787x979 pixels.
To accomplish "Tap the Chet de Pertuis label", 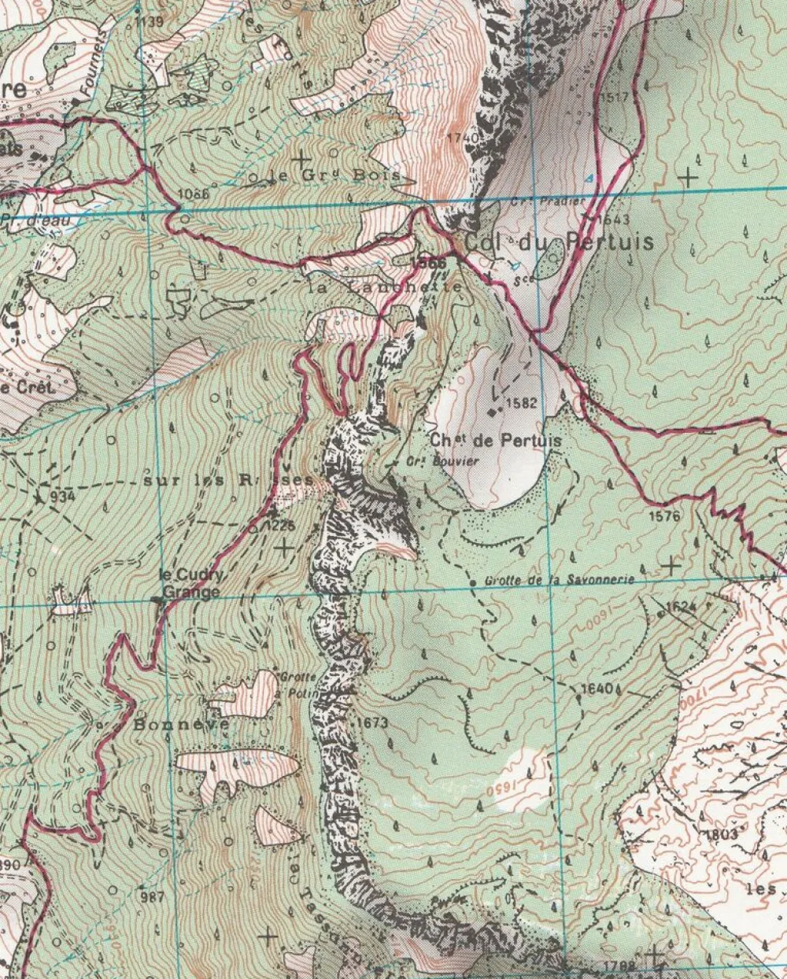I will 496,441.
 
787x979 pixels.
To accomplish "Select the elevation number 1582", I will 521,403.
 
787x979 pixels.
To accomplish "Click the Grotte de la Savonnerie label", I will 560,579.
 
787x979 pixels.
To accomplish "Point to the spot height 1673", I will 372,721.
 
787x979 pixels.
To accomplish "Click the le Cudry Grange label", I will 191,584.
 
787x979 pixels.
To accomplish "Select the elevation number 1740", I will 461,138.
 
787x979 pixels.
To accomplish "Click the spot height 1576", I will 665,516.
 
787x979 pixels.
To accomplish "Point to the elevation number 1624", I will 682,607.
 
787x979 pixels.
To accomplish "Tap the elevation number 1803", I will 722,834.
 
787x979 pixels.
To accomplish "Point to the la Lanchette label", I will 386,288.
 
